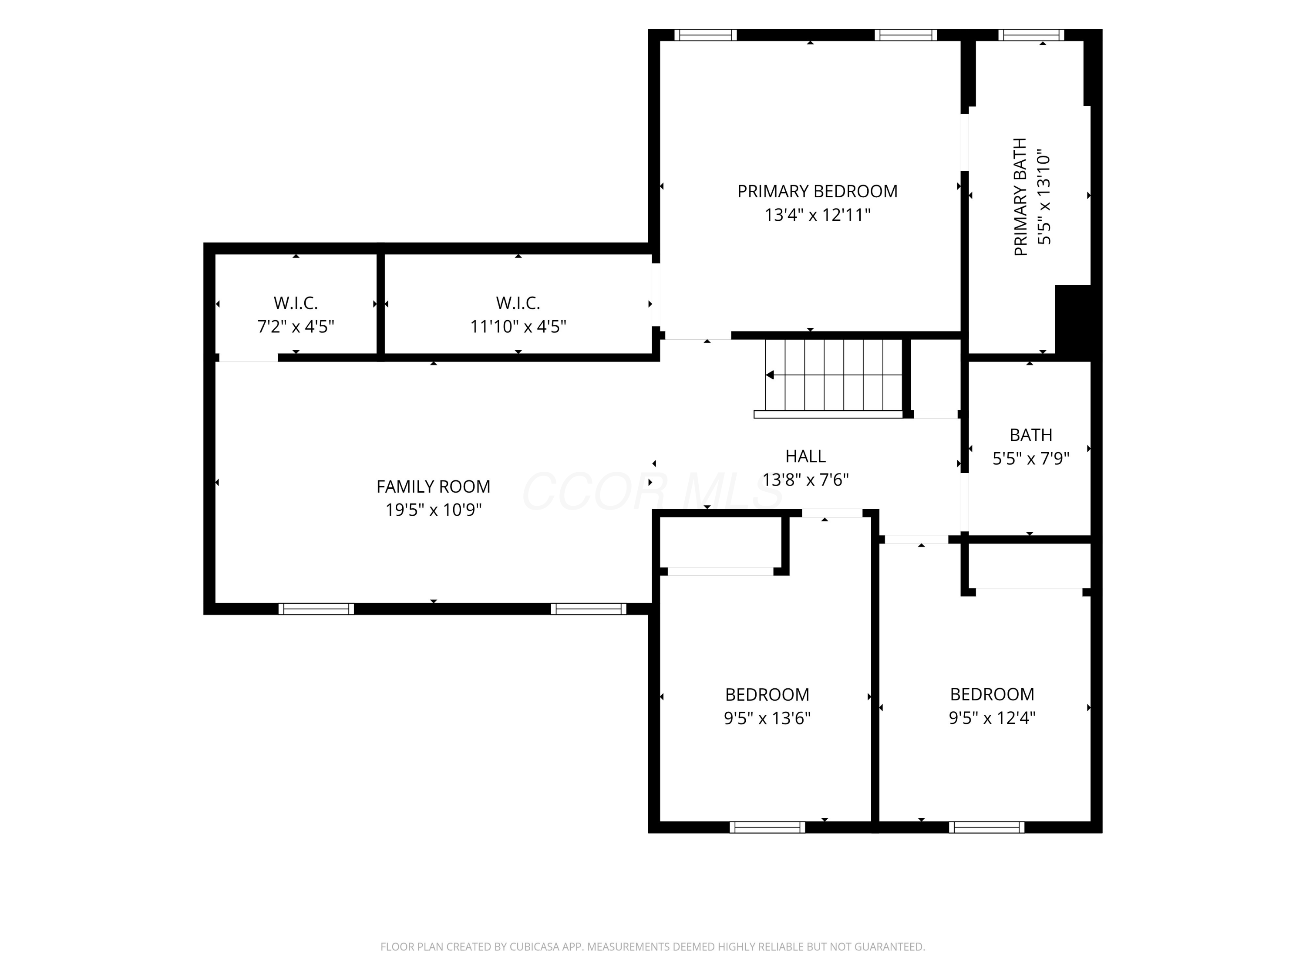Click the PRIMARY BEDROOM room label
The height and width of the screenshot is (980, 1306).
[x=817, y=191]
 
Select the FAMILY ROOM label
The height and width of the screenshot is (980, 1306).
[x=433, y=487]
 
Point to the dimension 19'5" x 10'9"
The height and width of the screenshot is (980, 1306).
[x=433, y=510]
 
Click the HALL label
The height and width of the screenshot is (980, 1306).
[x=805, y=456]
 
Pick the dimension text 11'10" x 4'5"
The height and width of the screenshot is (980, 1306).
[x=518, y=327]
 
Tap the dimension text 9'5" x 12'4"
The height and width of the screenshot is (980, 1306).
[x=992, y=718]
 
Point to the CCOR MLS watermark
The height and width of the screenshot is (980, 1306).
[x=653, y=491]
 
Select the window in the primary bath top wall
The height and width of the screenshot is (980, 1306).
[x=1031, y=35]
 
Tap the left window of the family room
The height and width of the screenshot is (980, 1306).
[x=316, y=609]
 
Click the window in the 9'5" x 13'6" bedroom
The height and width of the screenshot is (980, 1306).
[x=767, y=827]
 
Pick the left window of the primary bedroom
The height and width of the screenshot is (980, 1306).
[x=706, y=35]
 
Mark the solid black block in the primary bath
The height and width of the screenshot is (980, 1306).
[x=1073, y=323]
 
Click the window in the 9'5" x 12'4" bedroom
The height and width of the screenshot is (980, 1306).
[x=986, y=827]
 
